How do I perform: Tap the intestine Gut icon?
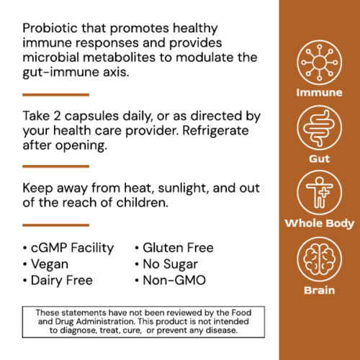(x=318, y=128)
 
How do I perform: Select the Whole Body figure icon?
(x=318, y=192)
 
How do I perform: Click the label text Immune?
(x=318, y=93)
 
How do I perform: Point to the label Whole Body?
(x=318, y=224)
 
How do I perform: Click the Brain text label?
(x=318, y=290)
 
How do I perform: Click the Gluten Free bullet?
(x=177, y=248)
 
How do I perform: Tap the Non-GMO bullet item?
(x=174, y=279)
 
